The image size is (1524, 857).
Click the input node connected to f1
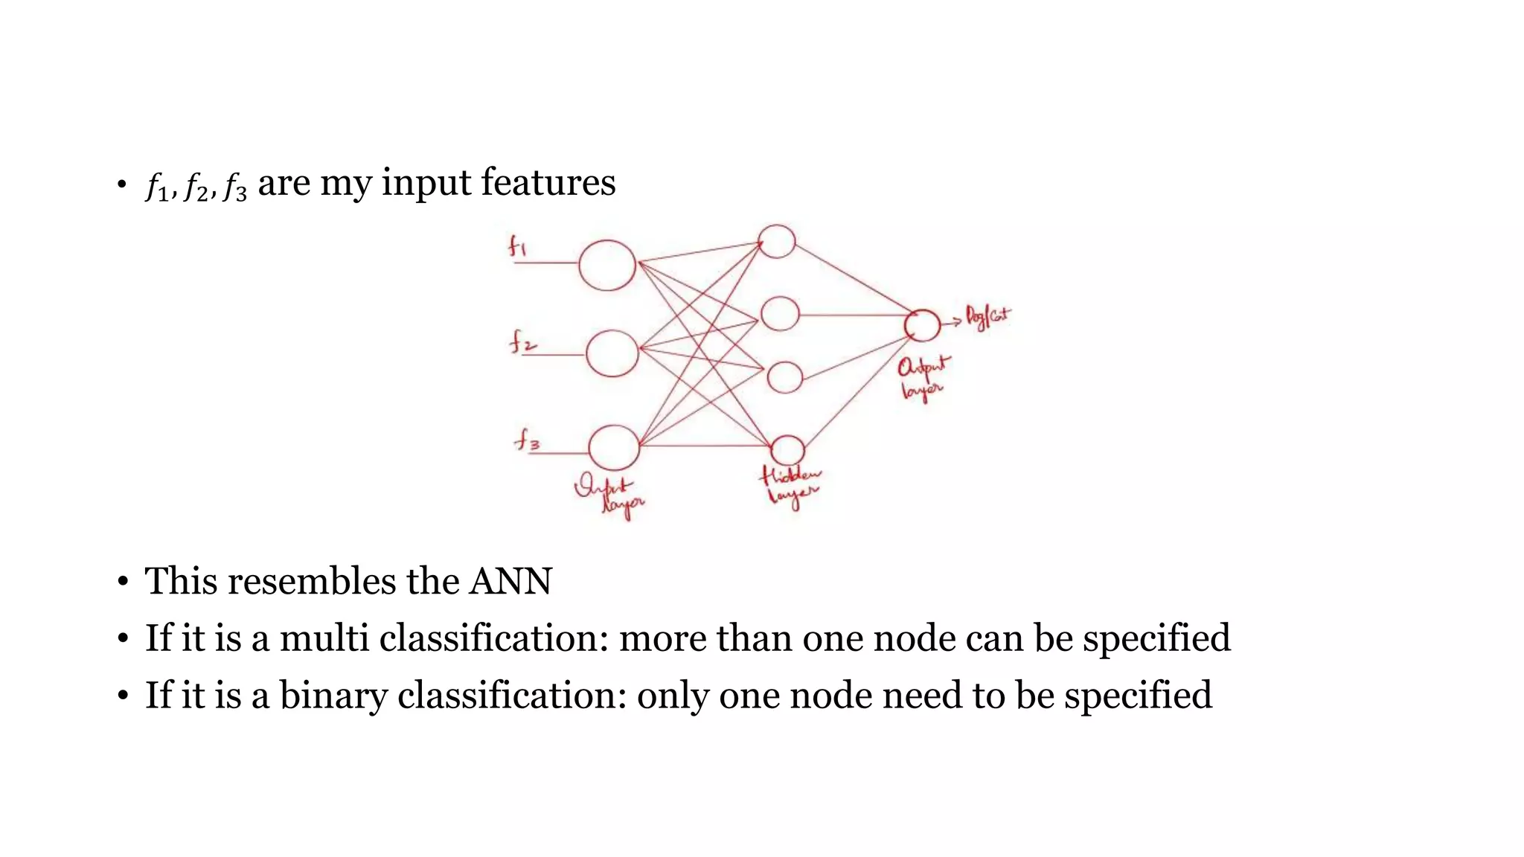point(607,265)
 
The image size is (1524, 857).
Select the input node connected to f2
point(612,353)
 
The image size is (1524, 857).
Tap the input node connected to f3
point(614,448)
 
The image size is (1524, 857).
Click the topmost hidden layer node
point(777,241)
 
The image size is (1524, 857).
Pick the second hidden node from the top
point(780,313)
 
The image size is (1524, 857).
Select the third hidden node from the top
point(784,377)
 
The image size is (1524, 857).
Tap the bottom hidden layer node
point(787,450)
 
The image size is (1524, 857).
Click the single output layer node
point(922,325)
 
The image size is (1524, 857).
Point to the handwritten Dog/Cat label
point(987,317)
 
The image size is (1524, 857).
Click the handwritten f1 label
point(517,245)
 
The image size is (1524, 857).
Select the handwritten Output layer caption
point(923,377)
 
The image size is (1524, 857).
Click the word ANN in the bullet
point(510,581)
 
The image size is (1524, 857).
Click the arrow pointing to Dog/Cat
point(952,323)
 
